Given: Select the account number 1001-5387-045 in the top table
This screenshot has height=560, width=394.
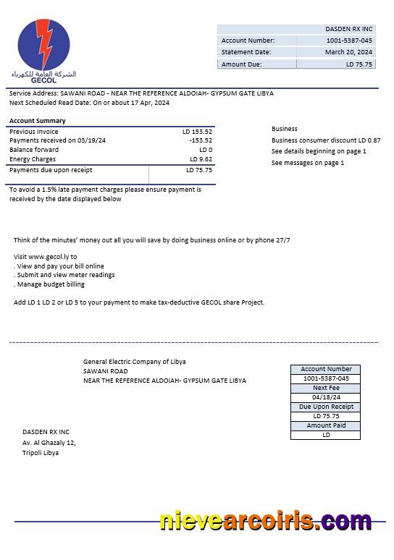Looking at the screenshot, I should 348,41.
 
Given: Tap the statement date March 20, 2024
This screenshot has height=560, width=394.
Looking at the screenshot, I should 348,52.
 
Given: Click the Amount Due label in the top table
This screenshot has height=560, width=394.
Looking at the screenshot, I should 242,64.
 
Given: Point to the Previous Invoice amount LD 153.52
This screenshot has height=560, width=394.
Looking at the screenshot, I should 197,132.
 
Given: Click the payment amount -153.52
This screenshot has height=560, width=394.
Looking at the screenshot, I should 200,140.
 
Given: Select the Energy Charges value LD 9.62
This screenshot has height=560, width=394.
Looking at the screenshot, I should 201,159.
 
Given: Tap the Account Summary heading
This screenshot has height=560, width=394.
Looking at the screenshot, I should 38,121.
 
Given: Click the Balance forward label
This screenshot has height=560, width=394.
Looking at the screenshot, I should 34,150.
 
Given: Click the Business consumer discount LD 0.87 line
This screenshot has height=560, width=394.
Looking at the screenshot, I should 326,140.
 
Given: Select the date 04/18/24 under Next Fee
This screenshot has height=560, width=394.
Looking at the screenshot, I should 326,397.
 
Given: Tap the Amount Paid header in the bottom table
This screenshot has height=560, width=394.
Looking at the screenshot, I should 326,425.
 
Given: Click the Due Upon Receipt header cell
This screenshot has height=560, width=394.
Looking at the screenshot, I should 326,407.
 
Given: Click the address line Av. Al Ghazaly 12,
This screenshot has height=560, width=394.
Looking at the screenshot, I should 49,443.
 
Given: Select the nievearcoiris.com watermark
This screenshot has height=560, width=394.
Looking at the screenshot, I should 265,521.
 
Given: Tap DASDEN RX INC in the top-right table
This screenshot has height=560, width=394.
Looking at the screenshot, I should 348,29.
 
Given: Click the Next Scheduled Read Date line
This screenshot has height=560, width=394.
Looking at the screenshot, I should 89,103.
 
